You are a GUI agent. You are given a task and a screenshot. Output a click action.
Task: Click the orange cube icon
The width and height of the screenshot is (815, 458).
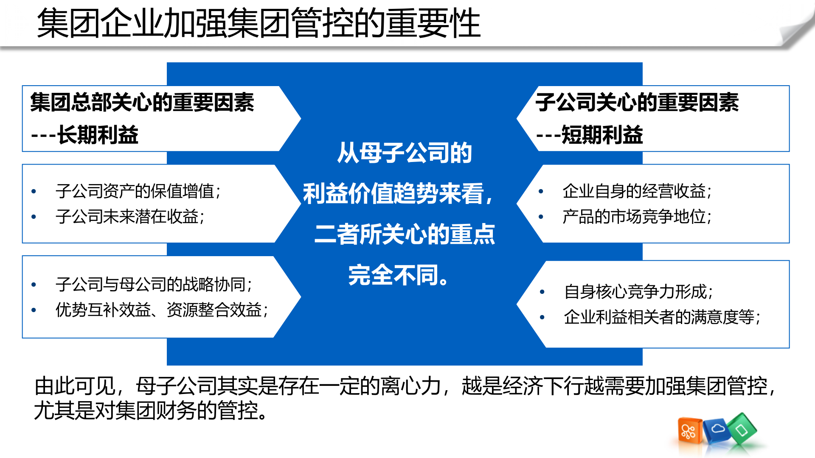click(x=689, y=431)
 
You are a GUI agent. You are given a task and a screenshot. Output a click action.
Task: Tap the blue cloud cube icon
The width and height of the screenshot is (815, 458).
click(x=717, y=430)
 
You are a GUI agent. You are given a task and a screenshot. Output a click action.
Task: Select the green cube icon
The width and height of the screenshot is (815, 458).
click(x=742, y=429)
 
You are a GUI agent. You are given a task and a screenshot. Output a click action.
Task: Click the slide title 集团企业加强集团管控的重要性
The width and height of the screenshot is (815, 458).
click(x=259, y=24)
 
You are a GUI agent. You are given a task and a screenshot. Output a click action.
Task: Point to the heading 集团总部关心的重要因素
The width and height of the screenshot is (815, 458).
click(x=142, y=103)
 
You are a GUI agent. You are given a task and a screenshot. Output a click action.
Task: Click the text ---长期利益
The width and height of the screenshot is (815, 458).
click(x=85, y=135)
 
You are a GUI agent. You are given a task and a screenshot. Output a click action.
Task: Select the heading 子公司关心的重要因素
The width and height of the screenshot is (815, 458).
click(x=637, y=103)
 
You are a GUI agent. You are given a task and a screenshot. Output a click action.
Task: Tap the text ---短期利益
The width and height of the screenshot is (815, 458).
click(x=590, y=135)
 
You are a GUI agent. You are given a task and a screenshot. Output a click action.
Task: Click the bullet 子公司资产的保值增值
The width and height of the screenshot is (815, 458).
click(x=138, y=191)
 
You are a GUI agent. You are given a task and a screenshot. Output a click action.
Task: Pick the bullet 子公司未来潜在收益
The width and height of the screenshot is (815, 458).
click(x=130, y=217)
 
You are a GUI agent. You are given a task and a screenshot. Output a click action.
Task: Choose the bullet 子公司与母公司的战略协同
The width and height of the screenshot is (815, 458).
click(x=154, y=285)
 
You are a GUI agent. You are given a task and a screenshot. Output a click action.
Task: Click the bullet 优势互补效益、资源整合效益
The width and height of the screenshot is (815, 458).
click(x=162, y=310)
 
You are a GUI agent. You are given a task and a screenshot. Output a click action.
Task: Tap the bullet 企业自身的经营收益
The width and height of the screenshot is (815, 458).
click(x=637, y=191)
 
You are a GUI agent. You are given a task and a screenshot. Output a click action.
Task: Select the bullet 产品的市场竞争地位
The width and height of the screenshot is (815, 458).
click(x=637, y=217)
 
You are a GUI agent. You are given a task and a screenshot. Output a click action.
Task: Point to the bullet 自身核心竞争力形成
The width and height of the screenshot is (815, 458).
click(x=638, y=292)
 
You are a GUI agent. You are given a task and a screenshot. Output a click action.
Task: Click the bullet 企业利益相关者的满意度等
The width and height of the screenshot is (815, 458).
click(x=662, y=317)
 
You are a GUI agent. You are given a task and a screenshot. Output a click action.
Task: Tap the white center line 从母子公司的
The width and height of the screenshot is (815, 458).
click(x=405, y=153)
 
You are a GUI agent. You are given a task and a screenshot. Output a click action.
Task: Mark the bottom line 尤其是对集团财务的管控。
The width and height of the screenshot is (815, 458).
click(x=151, y=411)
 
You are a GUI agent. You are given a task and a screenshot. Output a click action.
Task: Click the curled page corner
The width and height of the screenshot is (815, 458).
click(x=796, y=30)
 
